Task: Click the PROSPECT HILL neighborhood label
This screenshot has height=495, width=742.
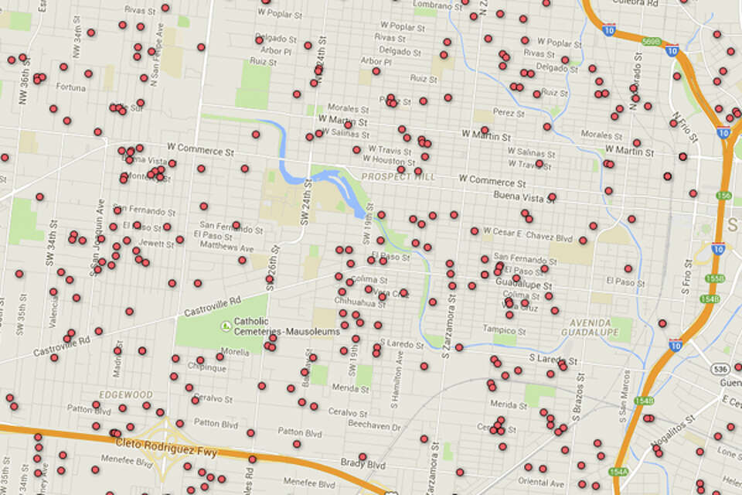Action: coord(398,177)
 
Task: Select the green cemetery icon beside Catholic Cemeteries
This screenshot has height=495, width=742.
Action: coord(226,326)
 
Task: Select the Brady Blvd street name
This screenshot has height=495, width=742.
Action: coord(362,464)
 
